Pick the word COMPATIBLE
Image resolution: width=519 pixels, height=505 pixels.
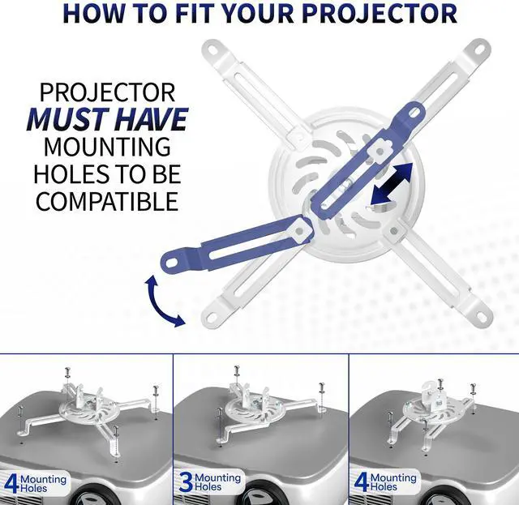click(108, 202)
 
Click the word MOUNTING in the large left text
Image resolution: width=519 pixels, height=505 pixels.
click(107, 148)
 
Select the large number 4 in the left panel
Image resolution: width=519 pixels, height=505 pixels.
click(11, 483)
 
